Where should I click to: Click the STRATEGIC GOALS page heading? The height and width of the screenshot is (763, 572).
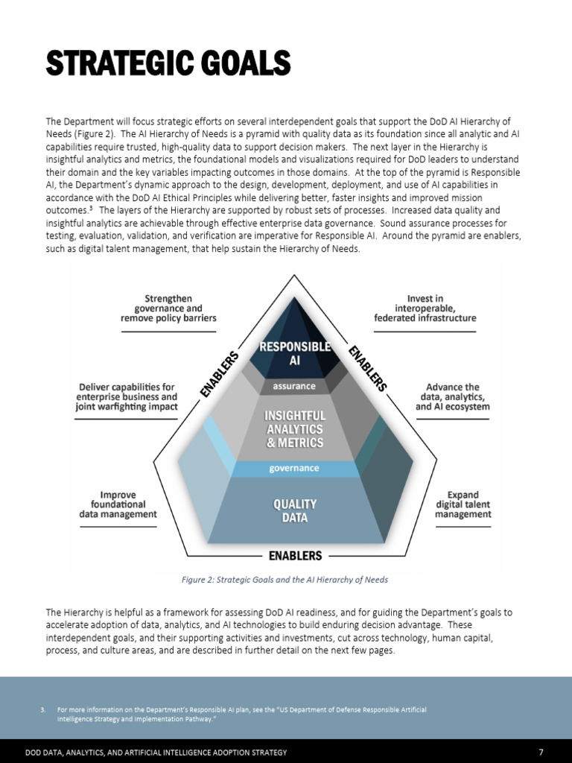click(168, 64)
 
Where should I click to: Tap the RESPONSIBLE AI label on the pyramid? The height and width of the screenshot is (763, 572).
click(294, 354)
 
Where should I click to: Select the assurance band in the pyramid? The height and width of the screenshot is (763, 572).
click(294, 386)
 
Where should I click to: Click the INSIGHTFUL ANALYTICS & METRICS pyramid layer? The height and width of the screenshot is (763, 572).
click(295, 429)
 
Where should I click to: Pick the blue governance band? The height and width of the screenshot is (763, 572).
click(294, 469)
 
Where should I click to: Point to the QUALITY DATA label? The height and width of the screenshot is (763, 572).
click(295, 510)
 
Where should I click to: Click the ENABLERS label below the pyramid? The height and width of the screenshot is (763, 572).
click(295, 556)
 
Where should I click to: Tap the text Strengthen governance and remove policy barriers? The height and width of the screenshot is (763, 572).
click(168, 308)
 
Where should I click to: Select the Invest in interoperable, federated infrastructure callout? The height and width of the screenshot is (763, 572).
click(425, 308)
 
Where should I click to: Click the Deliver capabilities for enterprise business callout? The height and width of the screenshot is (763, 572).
click(127, 397)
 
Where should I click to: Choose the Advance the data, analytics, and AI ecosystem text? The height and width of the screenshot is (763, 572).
click(453, 397)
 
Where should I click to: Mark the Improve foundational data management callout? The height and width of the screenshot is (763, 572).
click(118, 504)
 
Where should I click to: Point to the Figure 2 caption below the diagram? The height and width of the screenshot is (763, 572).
click(285, 580)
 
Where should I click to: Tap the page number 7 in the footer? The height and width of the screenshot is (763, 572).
click(541, 753)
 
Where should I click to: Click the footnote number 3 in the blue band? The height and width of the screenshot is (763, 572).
click(43, 710)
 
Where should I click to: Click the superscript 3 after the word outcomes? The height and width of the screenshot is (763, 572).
click(90, 208)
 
